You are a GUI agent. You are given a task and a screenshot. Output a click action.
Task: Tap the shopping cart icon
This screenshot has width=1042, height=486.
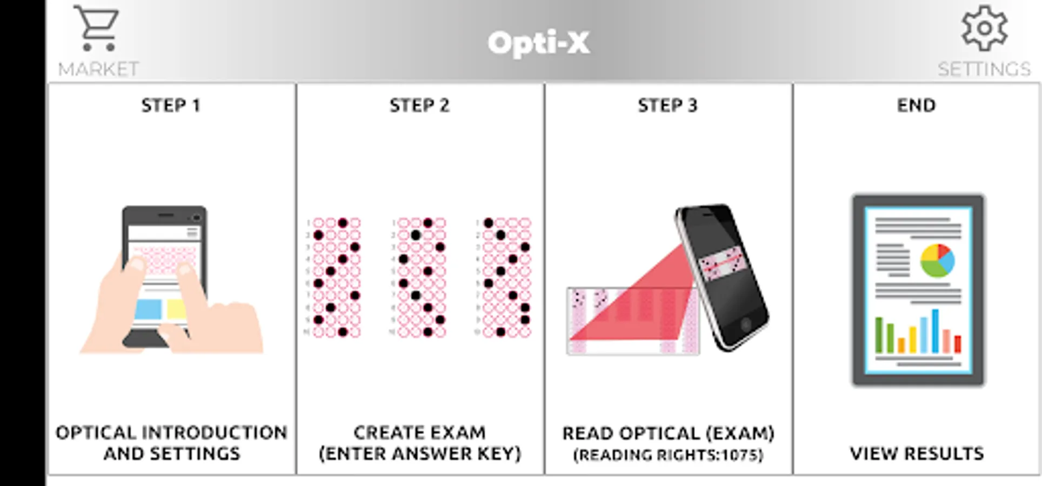tap(97, 28)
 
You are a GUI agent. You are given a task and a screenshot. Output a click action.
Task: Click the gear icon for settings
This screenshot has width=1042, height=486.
tap(984, 28)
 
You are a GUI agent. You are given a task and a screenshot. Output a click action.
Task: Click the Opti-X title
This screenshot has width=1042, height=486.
tap(539, 43)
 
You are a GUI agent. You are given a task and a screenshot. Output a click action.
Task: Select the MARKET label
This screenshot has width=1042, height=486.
tap(98, 69)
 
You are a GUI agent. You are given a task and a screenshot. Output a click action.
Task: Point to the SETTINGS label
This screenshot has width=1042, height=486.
tap(984, 69)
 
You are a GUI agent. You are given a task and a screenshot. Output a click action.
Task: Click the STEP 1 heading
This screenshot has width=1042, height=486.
tap(171, 105)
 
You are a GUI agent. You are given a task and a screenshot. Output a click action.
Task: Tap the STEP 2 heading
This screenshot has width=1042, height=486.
tap(419, 105)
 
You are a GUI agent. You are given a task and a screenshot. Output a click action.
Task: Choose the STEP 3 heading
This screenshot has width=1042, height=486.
tap(667, 105)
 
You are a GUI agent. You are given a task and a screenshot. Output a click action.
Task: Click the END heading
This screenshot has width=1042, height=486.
tap(916, 105)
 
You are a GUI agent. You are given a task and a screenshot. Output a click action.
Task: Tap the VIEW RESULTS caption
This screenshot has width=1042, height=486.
tap(917, 454)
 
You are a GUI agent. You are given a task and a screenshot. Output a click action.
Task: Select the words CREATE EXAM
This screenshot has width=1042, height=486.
tap(419, 433)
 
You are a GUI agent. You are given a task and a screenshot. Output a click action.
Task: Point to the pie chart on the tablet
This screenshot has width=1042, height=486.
tap(937, 260)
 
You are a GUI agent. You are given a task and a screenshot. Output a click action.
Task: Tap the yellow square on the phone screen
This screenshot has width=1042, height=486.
tap(177, 309)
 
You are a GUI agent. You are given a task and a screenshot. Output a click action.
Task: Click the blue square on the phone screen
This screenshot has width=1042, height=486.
tap(148, 309)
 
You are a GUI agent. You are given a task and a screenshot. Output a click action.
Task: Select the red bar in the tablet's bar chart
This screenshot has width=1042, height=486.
tap(958, 344)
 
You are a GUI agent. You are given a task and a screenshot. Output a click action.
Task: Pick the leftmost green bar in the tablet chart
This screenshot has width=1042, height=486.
tap(879, 335)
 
